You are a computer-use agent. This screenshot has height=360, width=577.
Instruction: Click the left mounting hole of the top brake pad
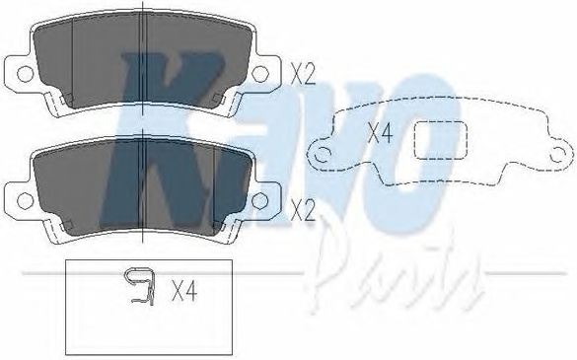(26, 74)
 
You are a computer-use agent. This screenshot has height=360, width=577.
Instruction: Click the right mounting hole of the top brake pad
(259, 74)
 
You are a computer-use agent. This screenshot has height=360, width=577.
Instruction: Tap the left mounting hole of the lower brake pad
(26, 200)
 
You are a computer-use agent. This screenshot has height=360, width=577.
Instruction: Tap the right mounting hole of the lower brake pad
(259, 200)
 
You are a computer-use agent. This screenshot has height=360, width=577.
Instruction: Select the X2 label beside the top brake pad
(303, 74)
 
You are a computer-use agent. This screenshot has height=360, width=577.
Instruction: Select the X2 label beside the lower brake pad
(303, 210)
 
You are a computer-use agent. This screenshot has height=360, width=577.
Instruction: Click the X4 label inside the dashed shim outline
(381, 133)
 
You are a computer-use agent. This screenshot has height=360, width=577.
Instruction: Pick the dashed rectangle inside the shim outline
(441, 141)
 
